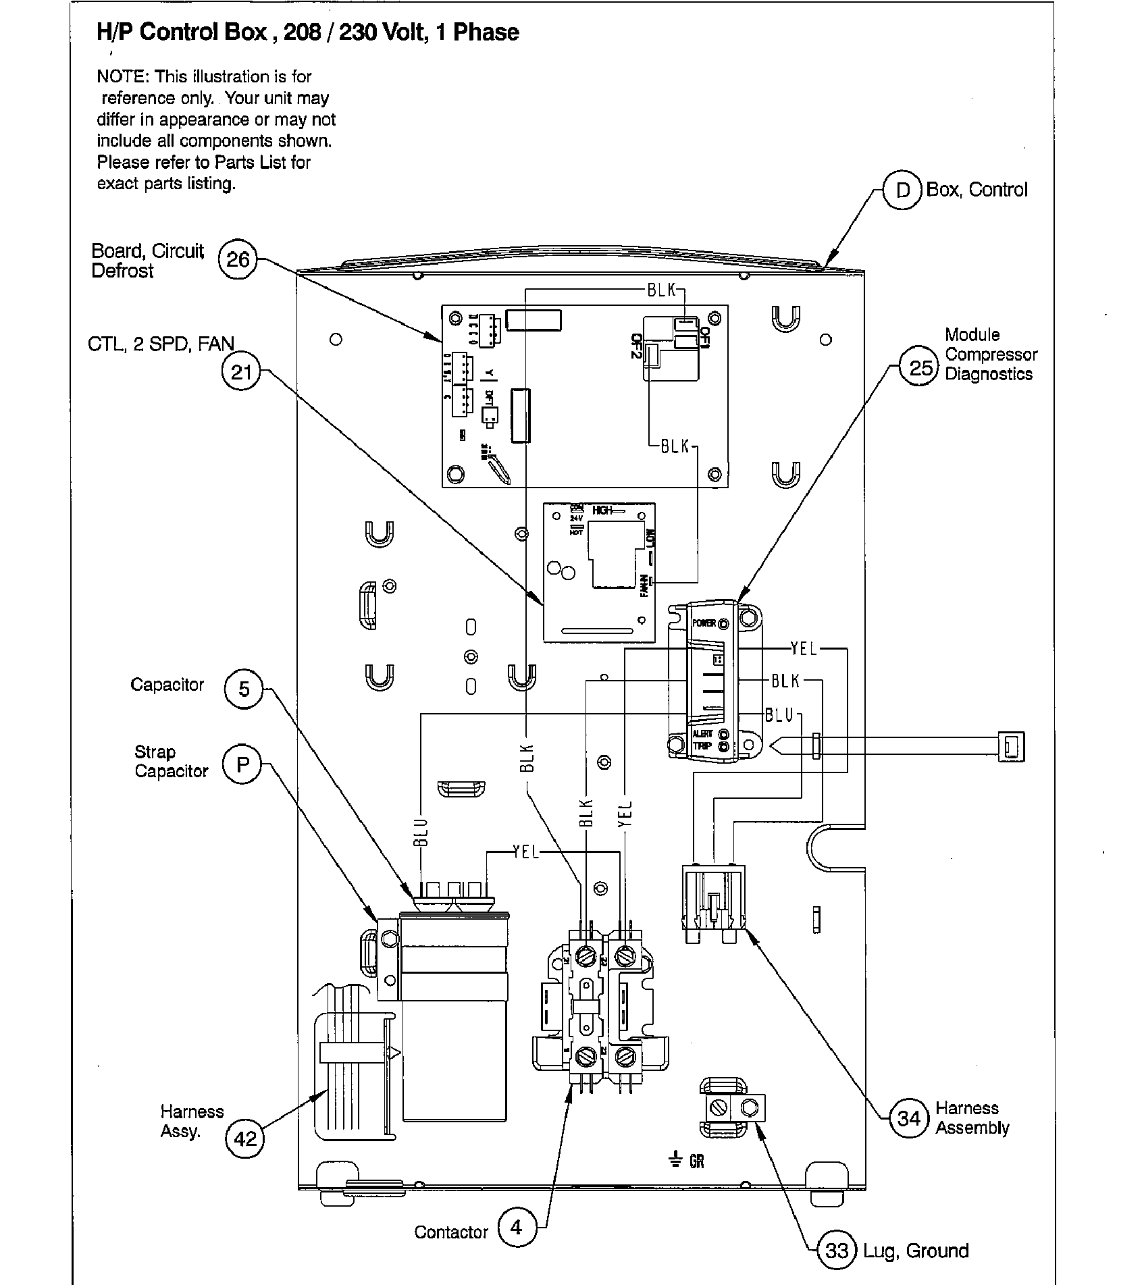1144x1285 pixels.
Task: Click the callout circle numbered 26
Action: tap(238, 259)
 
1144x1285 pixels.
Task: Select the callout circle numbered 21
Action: tap(241, 372)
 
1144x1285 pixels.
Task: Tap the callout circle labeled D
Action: tap(903, 190)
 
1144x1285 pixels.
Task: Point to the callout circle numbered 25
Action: tap(920, 368)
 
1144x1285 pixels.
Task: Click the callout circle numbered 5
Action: tap(243, 689)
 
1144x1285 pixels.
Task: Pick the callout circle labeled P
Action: tap(242, 764)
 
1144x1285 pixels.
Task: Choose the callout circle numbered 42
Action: tap(244, 1139)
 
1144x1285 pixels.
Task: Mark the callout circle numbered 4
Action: tap(517, 1227)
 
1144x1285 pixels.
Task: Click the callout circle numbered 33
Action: tap(836, 1251)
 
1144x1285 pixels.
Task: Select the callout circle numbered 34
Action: tap(908, 1118)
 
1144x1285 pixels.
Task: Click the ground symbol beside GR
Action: tap(675, 1160)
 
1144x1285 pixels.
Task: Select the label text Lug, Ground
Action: tap(915, 1251)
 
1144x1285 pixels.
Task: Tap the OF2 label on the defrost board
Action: tap(635, 346)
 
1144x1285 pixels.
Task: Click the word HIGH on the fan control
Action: tap(602, 510)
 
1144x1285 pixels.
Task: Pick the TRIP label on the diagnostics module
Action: tap(702, 746)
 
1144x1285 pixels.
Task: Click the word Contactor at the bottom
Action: tap(451, 1232)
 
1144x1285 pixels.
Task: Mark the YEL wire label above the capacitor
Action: tap(525, 852)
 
